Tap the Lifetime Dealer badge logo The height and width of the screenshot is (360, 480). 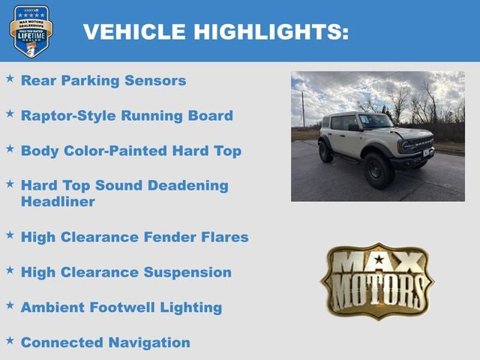(31, 31)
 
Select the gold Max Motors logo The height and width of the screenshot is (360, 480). (377, 280)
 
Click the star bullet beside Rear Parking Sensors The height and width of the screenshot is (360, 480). (10, 79)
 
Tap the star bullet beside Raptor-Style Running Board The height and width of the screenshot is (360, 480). (10, 114)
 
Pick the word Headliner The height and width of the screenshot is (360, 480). (58, 202)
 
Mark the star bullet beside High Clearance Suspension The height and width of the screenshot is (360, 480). (10, 270)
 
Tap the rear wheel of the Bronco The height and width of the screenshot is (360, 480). (325, 153)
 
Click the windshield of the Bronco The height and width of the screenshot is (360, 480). (374, 121)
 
